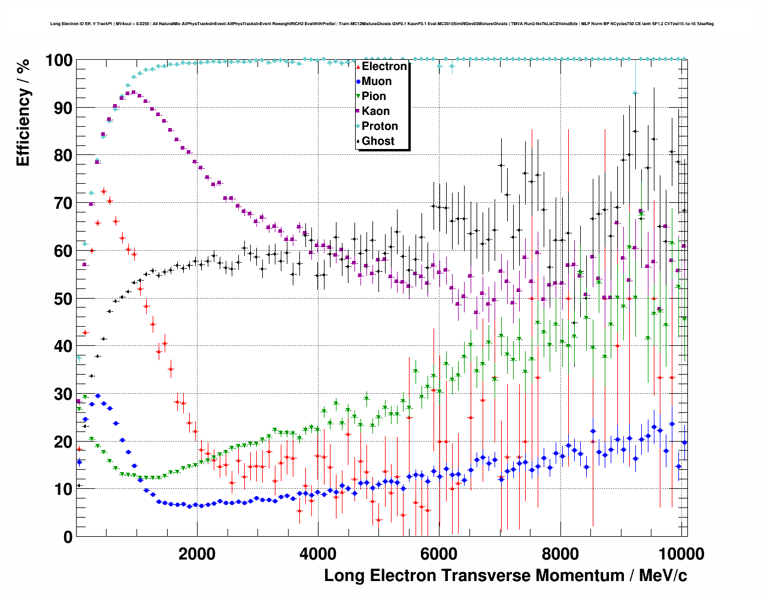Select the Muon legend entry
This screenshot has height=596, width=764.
pyautogui.click(x=376, y=81)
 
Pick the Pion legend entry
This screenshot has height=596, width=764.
pyautogui.click(x=374, y=96)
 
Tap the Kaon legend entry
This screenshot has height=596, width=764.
pyautogui.click(x=375, y=111)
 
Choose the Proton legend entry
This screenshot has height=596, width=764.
pyautogui.click(x=380, y=126)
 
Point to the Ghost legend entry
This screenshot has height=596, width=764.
pyautogui.click(x=378, y=141)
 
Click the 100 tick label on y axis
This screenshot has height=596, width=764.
pyautogui.click(x=59, y=60)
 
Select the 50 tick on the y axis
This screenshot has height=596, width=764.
pyautogui.click(x=63, y=299)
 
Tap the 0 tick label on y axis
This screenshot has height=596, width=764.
pyautogui.click(x=68, y=537)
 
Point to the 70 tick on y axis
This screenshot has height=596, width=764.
pyautogui.click(x=63, y=203)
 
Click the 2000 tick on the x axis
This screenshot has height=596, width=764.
pyautogui.click(x=197, y=554)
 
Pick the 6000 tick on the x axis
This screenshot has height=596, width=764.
pyautogui.click(x=439, y=554)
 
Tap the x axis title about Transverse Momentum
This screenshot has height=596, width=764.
pyautogui.click(x=505, y=576)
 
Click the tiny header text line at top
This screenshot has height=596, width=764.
pyautogui.click(x=381, y=24)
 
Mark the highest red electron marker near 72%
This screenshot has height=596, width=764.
pyautogui.click(x=104, y=191)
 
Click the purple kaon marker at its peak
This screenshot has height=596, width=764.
pyautogui.click(x=133, y=93)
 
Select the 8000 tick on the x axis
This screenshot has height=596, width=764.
pyautogui.click(x=560, y=554)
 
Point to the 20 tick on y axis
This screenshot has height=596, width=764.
pyautogui.click(x=63, y=442)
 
